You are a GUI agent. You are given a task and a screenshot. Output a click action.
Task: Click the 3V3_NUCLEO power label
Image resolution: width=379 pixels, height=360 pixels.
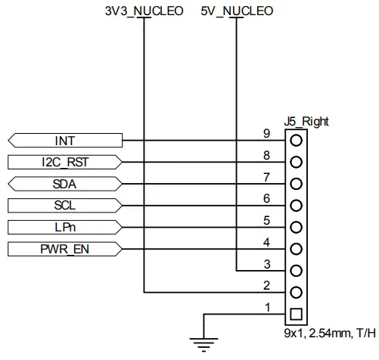[x=143, y=11]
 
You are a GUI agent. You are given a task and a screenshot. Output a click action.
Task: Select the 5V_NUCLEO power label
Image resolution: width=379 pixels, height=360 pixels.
[x=236, y=11]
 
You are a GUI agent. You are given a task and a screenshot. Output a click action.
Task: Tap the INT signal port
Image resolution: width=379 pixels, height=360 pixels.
[x=64, y=141]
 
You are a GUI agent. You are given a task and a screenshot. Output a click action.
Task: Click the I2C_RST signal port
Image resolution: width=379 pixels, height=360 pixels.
[x=64, y=162]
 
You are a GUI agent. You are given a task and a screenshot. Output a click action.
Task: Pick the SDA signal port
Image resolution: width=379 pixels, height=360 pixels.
[x=64, y=184]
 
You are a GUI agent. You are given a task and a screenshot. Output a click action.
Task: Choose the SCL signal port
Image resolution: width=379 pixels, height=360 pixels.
[x=64, y=206]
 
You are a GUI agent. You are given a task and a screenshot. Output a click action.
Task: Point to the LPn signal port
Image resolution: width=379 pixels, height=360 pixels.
[x=64, y=227]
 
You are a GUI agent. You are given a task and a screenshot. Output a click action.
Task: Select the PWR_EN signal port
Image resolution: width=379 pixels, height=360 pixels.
[x=64, y=249]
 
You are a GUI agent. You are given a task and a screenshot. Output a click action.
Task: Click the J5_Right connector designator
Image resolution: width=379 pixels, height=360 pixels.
[x=306, y=121]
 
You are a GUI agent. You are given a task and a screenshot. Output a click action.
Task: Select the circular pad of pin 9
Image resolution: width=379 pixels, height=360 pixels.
[x=296, y=140]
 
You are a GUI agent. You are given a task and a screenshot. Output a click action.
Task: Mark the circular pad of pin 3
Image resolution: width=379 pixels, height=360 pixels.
[x=296, y=270]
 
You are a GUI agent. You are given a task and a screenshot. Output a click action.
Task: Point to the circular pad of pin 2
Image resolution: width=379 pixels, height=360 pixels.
[x=296, y=292]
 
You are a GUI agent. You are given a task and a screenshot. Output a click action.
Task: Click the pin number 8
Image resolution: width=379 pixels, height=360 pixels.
[x=266, y=155]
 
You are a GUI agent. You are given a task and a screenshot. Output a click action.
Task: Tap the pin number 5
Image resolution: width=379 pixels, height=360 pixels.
[x=266, y=220]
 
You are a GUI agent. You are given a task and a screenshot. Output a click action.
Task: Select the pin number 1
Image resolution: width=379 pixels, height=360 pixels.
[x=266, y=307]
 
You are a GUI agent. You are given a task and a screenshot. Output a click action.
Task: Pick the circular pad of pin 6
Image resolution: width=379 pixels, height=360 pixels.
[x=296, y=205]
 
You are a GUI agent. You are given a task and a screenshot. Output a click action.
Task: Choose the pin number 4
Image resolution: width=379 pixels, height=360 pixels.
[x=266, y=242]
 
